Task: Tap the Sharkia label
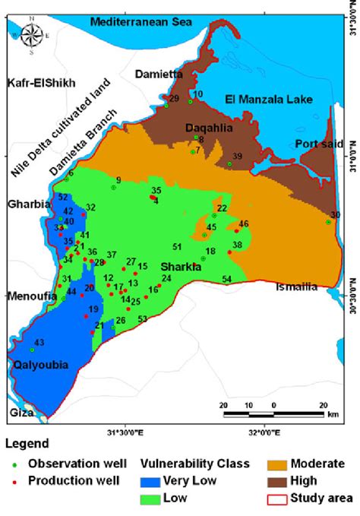[x=181, y=267]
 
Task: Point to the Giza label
[x=21, y=413]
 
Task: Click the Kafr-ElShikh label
[x=42, y=83]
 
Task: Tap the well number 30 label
[x=336, y=215]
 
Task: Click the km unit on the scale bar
[x=333, y=415]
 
